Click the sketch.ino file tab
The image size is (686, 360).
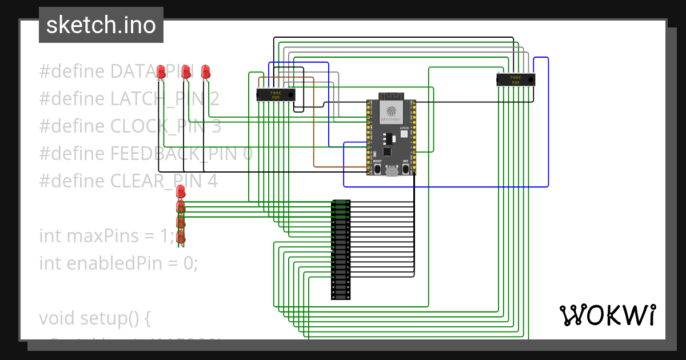pyautogui.click(x=101, y=25)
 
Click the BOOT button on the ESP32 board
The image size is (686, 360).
pyautogui.click(x=377, y=170)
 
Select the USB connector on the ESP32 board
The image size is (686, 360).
pyautogui.click(x=392, y=171)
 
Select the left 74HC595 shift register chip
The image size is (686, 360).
pyautogui.click(x=276, y=94)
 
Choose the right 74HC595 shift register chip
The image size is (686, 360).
pyautogui.click(x=515, y=79)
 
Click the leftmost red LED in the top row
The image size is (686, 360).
pyautogui.click(x=161, y=71)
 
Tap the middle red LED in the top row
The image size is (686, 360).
pyautogui.click(x=185, y=71)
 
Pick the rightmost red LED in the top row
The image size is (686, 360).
pyautogui.click(x=206, y=71)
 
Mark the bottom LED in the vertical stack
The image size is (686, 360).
pyautogui.click(x=181, y=235)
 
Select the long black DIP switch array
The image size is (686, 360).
pyautogui.click(x=341, y=249)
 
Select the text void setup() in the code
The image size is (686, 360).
pyautogui.click(x=94, y=318)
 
